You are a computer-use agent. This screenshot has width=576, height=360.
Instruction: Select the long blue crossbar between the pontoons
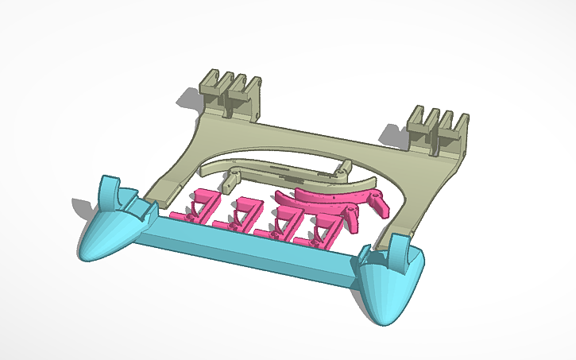tap(246, 250)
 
